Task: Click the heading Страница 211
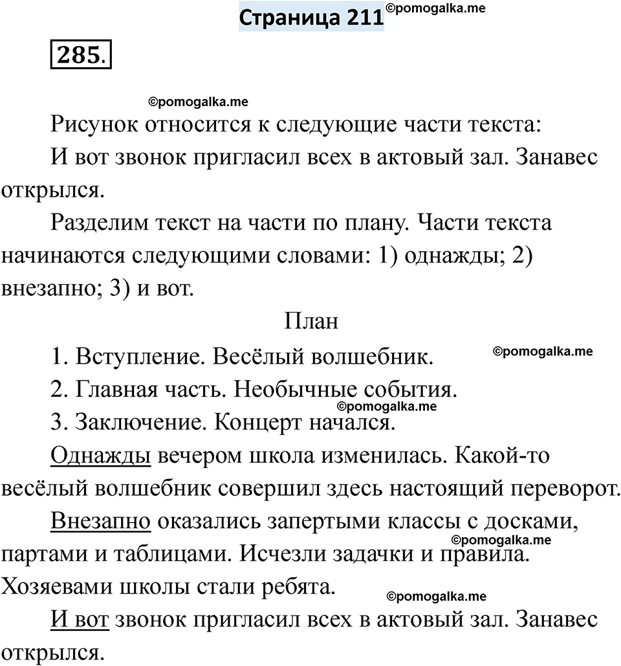pos(311,17)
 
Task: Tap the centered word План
pos(310,322)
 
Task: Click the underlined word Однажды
pos(100,456)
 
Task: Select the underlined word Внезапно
pos(100,521)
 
